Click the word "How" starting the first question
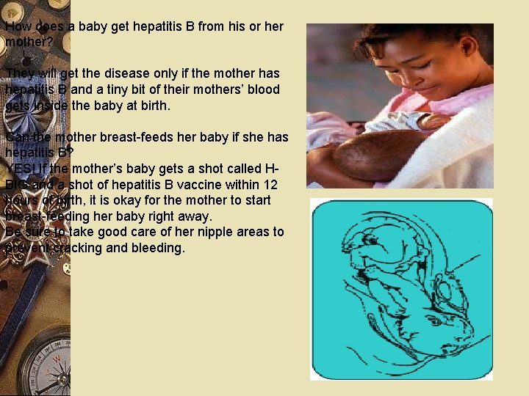tap(18, 27)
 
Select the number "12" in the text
tap(270, 184)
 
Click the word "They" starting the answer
tap(19, 73)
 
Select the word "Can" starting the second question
tap(16, 137)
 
